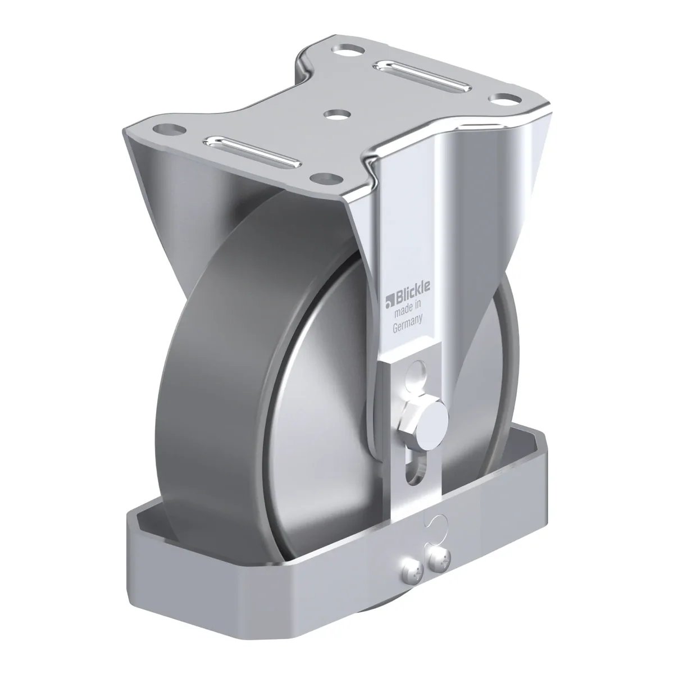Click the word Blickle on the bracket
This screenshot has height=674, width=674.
[x=413, y=291]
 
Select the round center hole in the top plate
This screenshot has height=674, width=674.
[x=338, y=115]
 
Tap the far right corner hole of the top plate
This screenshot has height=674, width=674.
[x=505, y=99]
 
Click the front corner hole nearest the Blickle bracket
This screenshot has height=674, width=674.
[x=327, y=179]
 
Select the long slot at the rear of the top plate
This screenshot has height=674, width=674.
[x=422, y=76]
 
